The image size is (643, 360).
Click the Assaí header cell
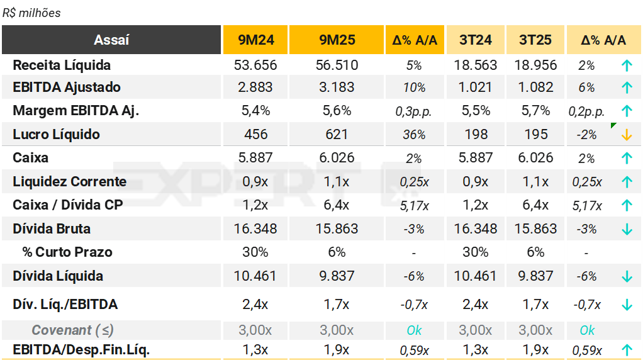pos(111,40)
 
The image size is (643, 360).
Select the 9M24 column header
pos(255,40)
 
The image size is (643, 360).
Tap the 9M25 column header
pos(337,40)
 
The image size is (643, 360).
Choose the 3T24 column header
pos(475,40)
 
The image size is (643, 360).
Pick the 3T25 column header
pos(535,40)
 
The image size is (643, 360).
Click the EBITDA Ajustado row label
pos(67,87)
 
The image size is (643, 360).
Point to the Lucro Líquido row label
pos(57,134)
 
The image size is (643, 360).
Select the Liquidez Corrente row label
pos(70,181)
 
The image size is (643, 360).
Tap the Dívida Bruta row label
pos(52,228)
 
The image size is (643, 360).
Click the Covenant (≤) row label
pos(72,330)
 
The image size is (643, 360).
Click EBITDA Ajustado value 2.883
pos(255,87)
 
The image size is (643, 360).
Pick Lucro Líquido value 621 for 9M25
pos(337,134)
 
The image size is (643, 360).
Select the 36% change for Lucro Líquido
pos(414,135)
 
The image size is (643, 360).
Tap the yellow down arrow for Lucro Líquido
pos(626,135)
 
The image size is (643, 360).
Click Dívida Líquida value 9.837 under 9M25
pos(337,276)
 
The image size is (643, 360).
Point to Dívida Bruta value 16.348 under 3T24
pos(475,228)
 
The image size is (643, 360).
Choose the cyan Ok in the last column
pos(587,330)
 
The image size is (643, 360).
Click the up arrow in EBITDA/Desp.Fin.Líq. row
pos(626,350)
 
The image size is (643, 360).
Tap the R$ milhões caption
pos(31,13)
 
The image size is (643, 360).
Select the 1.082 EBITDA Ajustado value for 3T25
pos(535,87)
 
